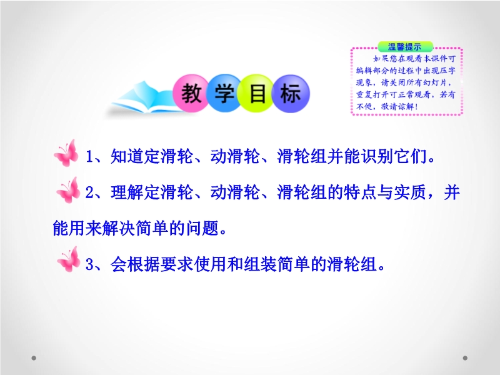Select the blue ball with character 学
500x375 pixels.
pos(224,93)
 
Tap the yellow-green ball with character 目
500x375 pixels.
pos(257,93)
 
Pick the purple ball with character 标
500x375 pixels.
pos(291,93)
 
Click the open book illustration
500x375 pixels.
pos(144,98)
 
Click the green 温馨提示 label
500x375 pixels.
pos(405,47)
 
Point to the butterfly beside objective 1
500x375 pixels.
pos(66,153)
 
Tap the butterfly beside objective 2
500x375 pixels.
pos(68,190)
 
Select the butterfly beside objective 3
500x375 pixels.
pos(69,259)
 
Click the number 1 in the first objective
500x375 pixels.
pos(89,157)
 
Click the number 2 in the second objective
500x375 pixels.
pos(89,192)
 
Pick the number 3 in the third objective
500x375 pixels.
pos(89,264)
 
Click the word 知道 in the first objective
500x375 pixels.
pos(127,156)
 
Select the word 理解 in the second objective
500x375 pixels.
pos(127,192)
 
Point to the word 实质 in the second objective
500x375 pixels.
pos(411,192)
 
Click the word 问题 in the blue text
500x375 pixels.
pos(202,228)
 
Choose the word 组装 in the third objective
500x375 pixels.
pos(260,264)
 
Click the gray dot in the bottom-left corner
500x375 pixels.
pos(34,358)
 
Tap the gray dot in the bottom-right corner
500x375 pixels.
pos(465,358)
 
